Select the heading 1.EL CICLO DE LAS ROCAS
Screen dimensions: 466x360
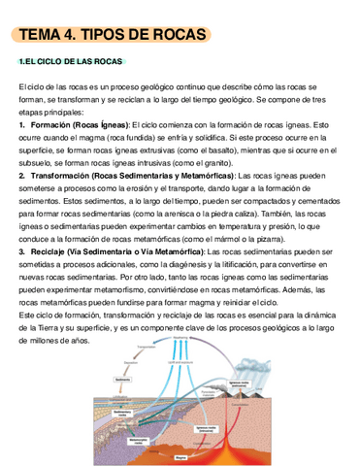pyautogui.click(x=71, y=62)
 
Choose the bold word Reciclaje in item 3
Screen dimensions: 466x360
pyautogui.click(x=50, y=252)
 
